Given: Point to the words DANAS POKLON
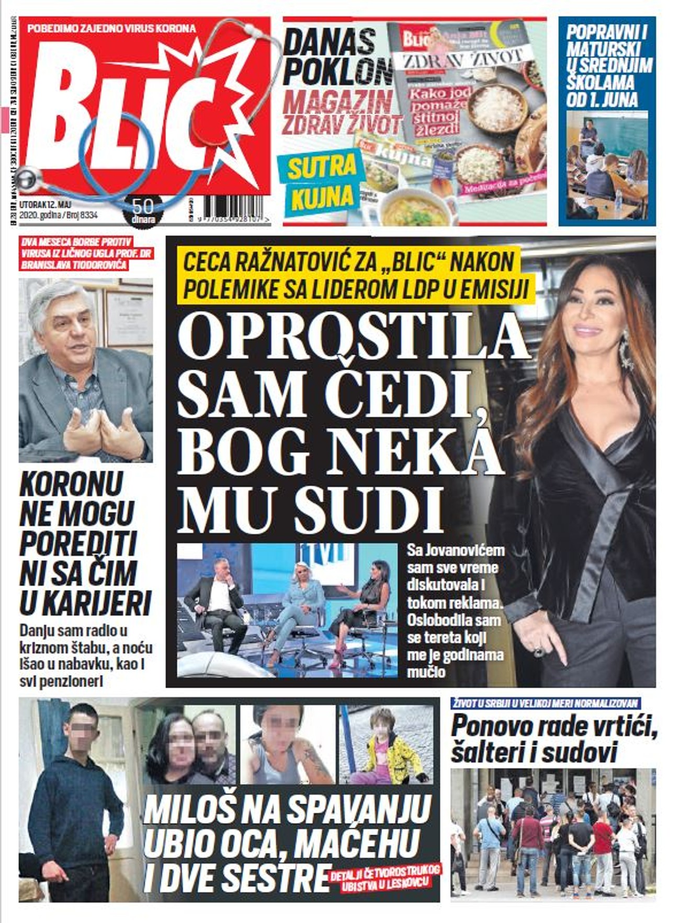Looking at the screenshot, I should [337, 58].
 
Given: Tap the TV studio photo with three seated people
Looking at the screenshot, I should [287, 610].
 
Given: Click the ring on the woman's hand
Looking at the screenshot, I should [539, 652].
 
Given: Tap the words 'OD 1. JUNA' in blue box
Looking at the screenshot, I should [602, 99].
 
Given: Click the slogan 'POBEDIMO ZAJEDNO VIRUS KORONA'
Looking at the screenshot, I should [111, 28].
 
